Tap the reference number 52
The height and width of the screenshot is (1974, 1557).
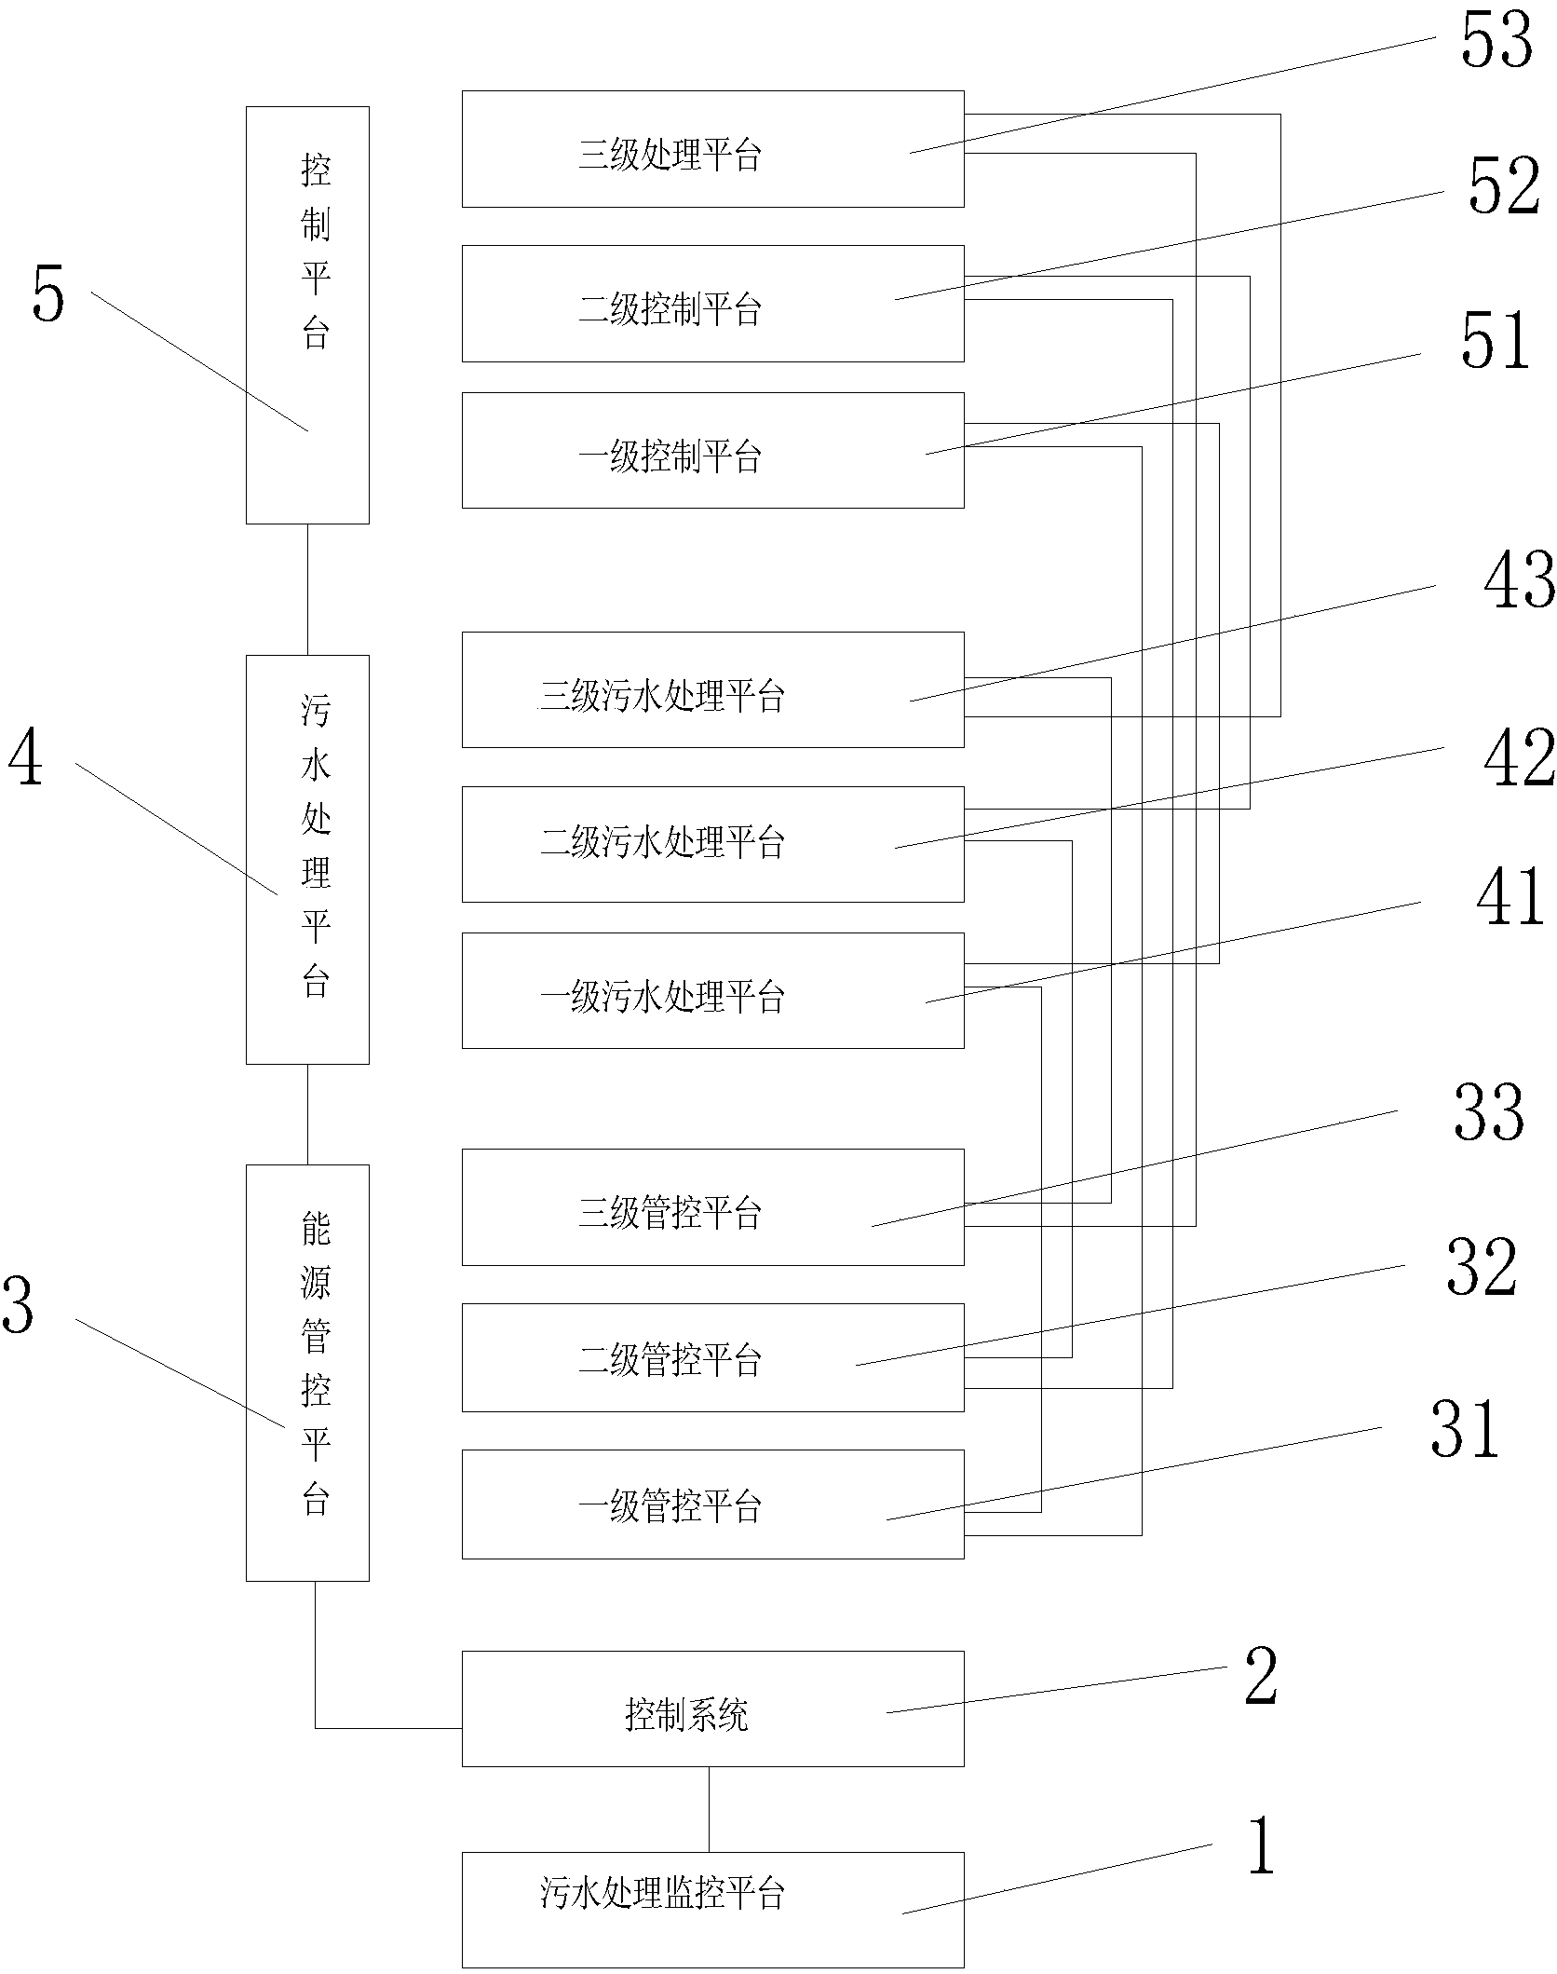[x=1503, y=187]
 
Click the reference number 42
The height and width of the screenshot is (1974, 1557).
[x=1518, y=758]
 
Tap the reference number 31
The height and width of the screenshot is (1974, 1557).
[x=1465, y=1428]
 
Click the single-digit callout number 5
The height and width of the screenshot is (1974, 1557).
[x=48, y=294]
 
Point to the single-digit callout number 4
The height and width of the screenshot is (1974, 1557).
[x=25, y=759]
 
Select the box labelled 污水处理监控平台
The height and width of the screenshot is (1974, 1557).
[x=712, y=1910]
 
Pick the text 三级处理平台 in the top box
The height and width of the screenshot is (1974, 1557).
[x=670, y=155]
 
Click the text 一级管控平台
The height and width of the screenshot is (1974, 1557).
[x=670, y=1506]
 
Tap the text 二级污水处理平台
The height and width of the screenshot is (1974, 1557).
[x=662, y=844]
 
